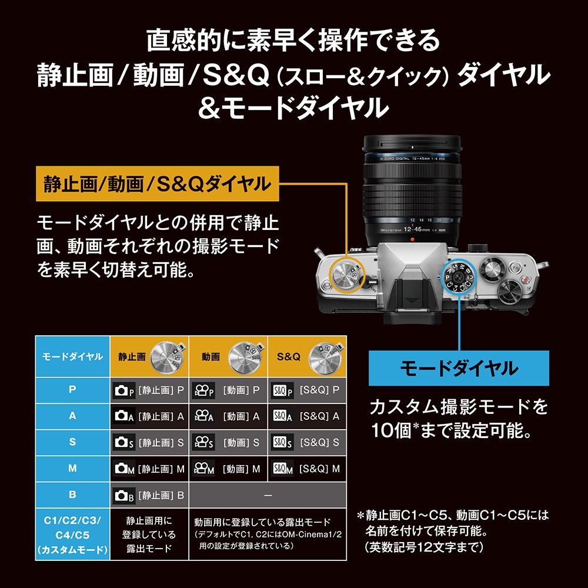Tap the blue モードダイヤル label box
tap(459, 369)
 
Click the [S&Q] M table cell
tap(306, 469)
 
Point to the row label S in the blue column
tap(72, 443)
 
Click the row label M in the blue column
tap(72, 469)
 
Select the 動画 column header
tap(211, 357)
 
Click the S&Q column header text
tap(288, 357)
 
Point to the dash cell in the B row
tap(268, 496)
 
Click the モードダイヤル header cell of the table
tap(72, 357)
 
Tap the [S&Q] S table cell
tap(306, 443)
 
